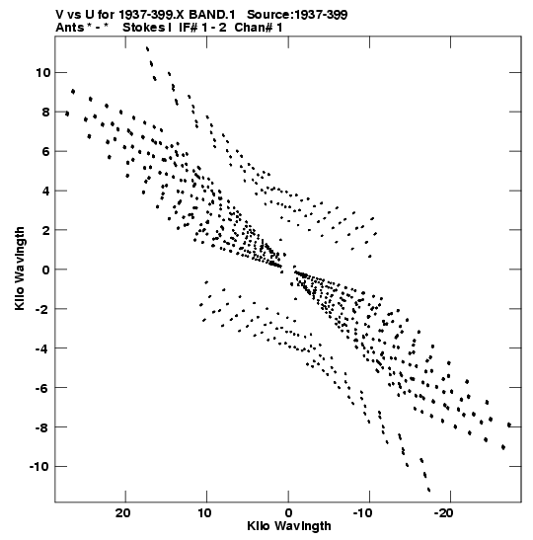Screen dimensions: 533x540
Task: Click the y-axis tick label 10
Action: point(42,73)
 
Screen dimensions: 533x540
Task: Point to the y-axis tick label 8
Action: point(45,113)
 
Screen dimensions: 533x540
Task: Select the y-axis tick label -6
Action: point(42,388)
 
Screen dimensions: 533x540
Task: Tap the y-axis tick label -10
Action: point(39,467)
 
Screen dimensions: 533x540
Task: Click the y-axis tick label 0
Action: point(45,270)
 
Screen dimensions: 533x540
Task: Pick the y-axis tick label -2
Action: point(42,309)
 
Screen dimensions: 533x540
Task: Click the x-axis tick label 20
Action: point(122,513)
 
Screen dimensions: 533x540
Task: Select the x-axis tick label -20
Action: point(443,513)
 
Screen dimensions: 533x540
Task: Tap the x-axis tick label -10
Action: point(362,513)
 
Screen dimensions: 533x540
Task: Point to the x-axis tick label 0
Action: point(288,513)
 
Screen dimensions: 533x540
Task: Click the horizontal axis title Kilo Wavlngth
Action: point(289,526)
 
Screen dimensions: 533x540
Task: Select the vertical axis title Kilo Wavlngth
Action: point(20,269)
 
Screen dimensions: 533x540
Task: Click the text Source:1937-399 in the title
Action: point(297,15)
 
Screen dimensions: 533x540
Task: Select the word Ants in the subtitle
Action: point(69,28)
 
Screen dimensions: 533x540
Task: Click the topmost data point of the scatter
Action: point(147,48)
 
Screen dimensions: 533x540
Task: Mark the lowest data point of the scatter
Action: point(428,490)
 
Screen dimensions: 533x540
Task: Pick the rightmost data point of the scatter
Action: point(509,424)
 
